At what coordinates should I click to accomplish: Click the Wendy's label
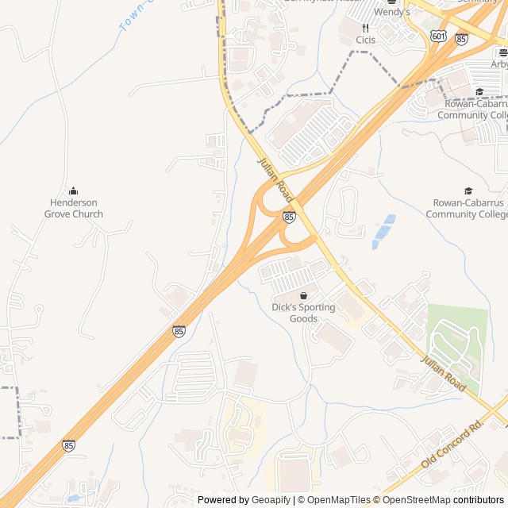coord(392,12)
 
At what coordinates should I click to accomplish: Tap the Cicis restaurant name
coord(366,40)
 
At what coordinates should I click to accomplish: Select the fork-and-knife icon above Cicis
coord(365,27)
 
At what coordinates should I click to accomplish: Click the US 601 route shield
coord(439,37)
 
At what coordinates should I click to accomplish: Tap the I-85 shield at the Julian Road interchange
coord(289,216)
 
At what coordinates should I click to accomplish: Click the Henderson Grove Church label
coord(73,208)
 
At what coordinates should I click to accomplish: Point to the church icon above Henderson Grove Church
coord(74,190)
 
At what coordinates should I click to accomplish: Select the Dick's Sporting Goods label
coord(303,313)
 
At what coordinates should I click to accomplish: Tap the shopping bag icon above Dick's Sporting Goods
coord(303,295)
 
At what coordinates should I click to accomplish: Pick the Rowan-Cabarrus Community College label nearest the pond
coord(468,208)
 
